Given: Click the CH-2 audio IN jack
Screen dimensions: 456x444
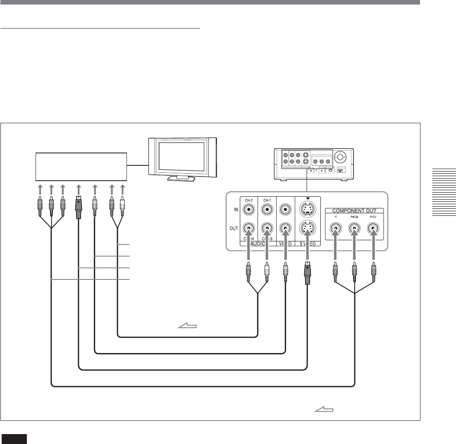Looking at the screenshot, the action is click(248, 209).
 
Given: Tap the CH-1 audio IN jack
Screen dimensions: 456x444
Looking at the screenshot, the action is click(267, 209).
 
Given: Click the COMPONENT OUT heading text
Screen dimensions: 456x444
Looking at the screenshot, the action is click(354, 210).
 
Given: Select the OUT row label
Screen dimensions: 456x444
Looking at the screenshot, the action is click(234, 228).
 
